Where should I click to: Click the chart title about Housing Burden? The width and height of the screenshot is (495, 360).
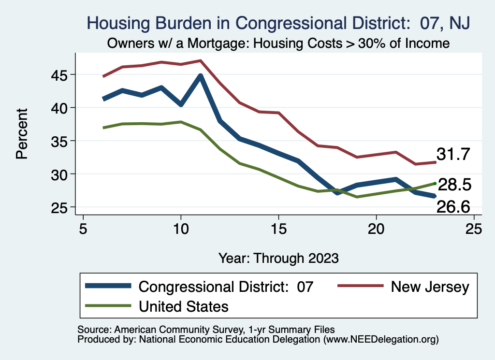point(278,23)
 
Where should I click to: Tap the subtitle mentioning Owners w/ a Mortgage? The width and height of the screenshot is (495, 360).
point(278,43)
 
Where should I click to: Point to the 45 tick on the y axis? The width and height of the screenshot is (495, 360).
point(59,74)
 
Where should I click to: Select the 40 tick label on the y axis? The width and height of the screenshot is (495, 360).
point(59,107)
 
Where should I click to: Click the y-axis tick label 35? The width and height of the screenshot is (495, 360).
point(59,141)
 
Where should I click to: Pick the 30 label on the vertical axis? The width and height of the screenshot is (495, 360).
point(59,173)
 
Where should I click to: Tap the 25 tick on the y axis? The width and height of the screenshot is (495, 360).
point(59,207)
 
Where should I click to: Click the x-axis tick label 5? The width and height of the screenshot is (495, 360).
point(83,228)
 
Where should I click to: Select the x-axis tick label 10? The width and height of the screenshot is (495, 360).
point(181,228)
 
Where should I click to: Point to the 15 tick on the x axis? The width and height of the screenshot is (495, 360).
point(278,228)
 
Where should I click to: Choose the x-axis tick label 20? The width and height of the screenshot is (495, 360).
point(376,228)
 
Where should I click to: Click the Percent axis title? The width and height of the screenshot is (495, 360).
point(22,140)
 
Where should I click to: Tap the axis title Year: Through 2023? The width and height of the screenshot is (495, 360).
point(278,257)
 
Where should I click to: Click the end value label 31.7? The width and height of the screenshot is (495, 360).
point(453,155)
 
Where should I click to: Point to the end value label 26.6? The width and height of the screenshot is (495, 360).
point(453,207)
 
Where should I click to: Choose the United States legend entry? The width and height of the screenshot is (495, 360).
point(183,306)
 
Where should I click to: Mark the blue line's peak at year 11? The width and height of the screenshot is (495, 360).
point(200,76)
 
